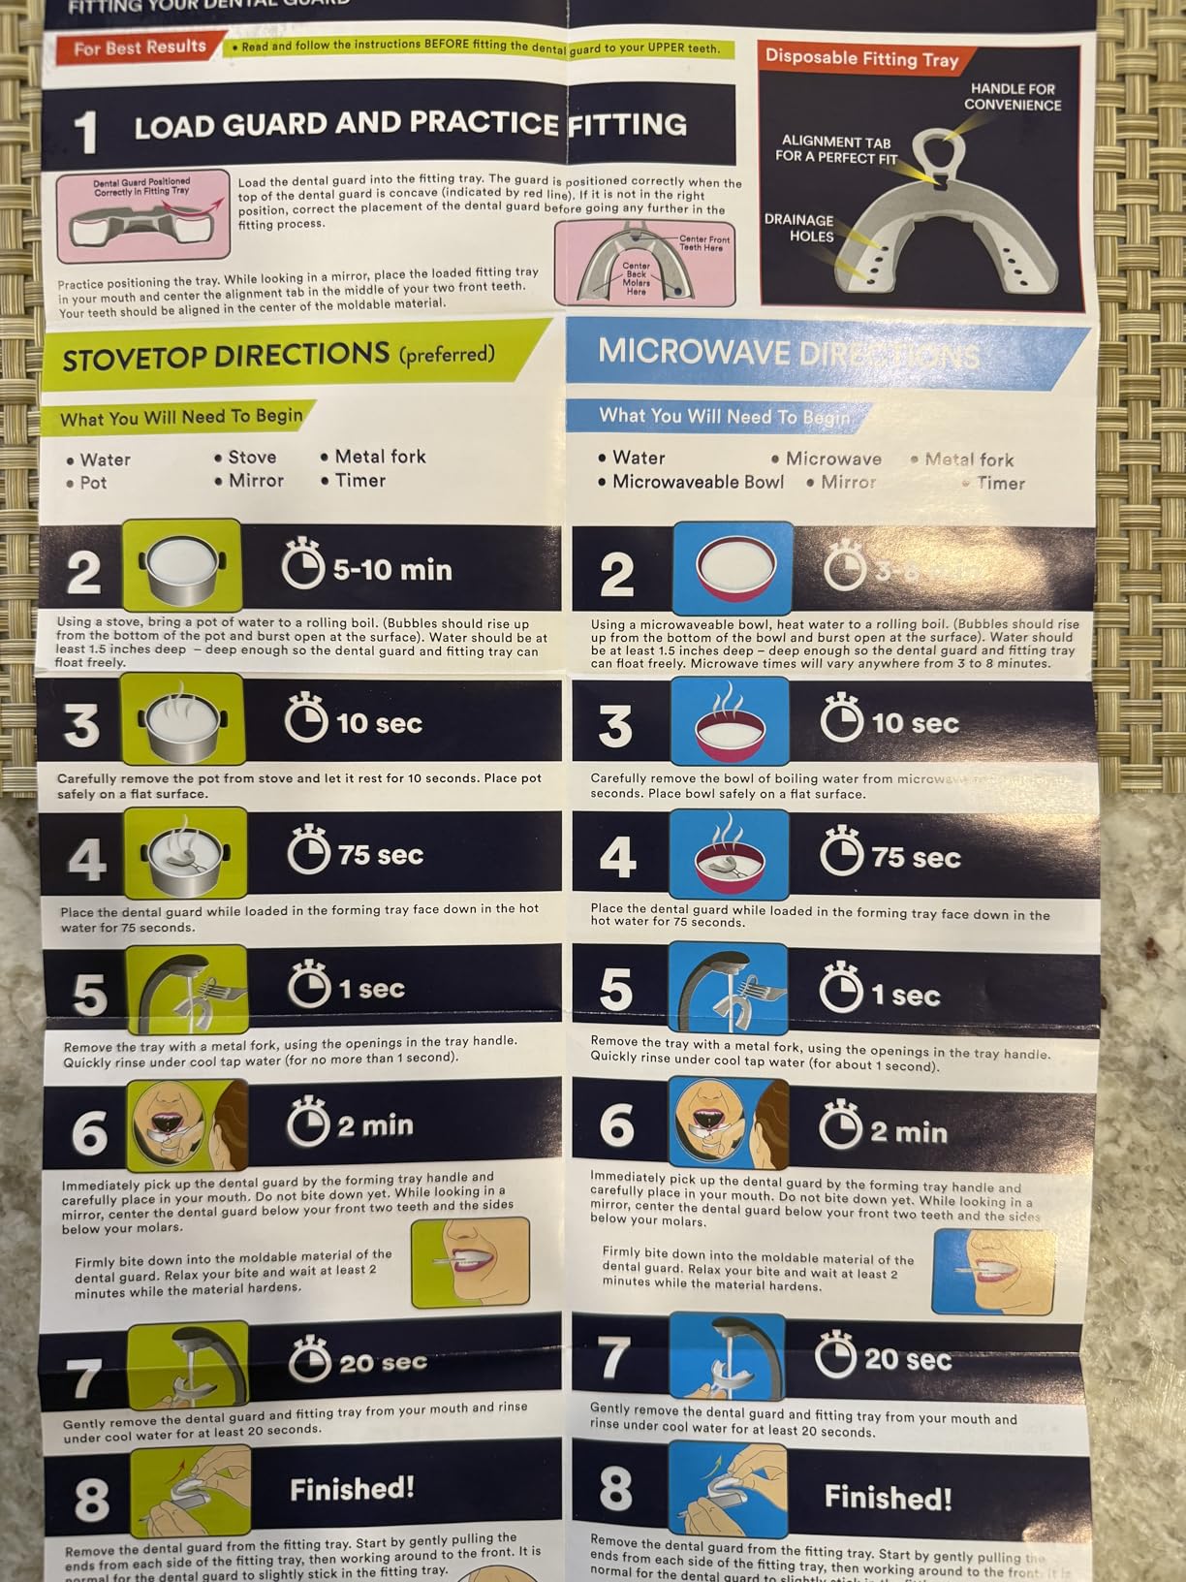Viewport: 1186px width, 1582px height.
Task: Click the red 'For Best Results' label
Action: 140,47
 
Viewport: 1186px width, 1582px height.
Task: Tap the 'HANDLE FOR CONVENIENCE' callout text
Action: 1012,97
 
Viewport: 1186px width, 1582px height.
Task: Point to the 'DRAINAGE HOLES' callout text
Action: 798,228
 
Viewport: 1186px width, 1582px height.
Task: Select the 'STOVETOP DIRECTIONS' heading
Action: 226,357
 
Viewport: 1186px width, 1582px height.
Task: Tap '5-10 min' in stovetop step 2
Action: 391,570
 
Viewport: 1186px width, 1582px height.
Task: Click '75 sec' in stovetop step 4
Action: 380,855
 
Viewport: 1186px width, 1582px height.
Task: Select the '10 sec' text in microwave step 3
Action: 914,724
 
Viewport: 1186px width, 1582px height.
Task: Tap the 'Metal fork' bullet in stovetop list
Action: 379,457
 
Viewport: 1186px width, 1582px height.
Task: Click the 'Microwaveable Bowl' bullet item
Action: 698,482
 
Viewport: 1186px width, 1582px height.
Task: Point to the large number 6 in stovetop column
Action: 89,1132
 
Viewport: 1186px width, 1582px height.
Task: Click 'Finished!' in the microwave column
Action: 888,1498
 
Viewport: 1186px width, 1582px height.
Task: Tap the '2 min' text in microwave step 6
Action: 908,1132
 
